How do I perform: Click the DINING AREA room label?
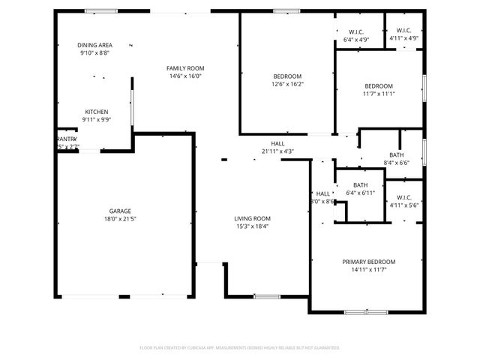click(x=94, y=45)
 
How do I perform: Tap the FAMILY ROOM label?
click(x=185, y=68)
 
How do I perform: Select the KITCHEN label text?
click(x=95, y=112)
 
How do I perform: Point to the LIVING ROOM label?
click(x=253, y=218)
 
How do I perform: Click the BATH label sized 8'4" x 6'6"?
click(x=396, y=154)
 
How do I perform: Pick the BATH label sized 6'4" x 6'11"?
click(x=360, y=185)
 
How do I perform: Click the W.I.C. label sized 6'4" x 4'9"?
click(x=356, y=31)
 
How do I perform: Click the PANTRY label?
click(x=67, y=139)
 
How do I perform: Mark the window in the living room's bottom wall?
click(x=266, y=296)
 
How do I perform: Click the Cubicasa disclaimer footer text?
click(x=240, y=348)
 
